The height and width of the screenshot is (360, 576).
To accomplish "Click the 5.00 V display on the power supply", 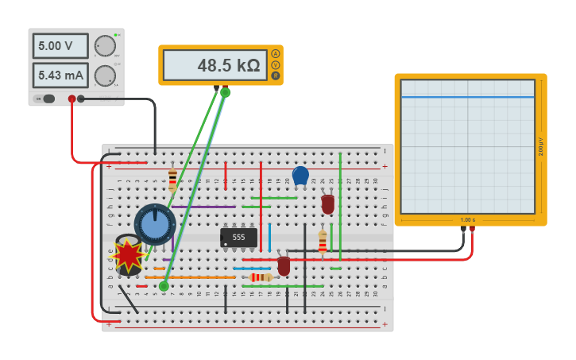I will tap(60, 46).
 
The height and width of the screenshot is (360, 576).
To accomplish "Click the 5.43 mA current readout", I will tap(60, 75).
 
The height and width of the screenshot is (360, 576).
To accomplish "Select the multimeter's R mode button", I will tap(276, 76).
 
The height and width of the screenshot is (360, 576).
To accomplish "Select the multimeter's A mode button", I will tap(276, 53).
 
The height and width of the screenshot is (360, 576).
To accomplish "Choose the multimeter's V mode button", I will tap(276, 64).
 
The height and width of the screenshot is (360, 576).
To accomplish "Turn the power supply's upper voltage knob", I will tap(105, 45).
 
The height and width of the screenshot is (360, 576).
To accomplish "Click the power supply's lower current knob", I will tap(105, 75).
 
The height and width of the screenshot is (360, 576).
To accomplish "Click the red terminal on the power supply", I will tap(72, 99).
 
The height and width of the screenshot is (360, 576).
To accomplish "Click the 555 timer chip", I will tap(238, 237).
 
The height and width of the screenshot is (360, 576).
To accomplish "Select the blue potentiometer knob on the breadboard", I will tap(155, 225).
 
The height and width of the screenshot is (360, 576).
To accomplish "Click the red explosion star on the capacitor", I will tap(127, 255).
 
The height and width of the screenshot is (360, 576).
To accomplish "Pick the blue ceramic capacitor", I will tap(300, 176).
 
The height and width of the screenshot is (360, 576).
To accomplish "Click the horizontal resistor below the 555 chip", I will tap(260, 277).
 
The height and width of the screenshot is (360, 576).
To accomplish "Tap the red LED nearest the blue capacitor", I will tap(327, 203).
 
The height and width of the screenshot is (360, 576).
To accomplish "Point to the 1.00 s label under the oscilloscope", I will tap(468, 219).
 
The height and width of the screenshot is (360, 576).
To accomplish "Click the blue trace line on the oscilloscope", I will tap(467, 97).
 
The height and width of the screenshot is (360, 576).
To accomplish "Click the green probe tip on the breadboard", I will tap(164, 286).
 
